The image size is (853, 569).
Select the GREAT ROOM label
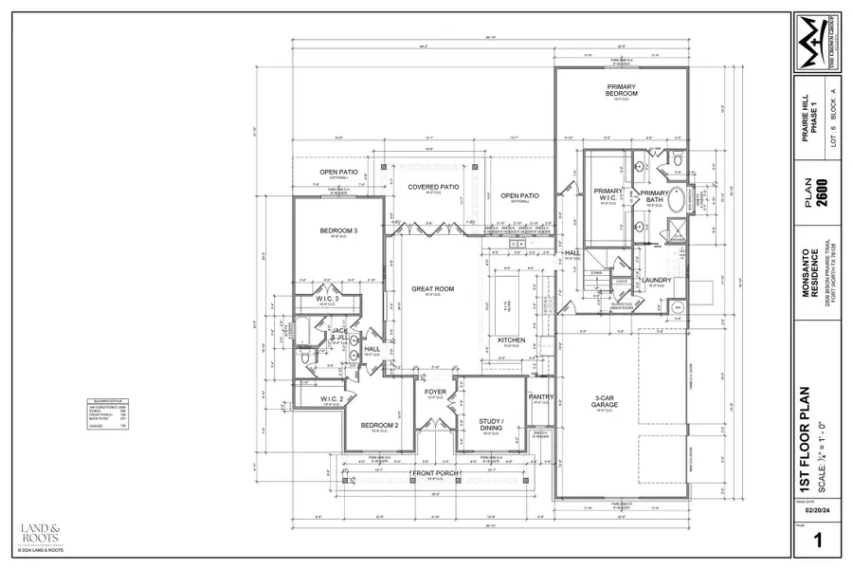tap(432, 289)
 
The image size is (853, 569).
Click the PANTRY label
tap(540, 397)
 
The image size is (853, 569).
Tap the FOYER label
tap(435, 391)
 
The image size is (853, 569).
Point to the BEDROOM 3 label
tap(337, 231)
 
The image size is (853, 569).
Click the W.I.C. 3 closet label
tap(328, 299)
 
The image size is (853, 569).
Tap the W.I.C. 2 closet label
tap(331, 398)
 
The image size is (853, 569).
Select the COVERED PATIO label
tap(432, 188)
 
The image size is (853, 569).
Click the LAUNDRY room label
tap(656, 280)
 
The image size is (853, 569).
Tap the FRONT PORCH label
tap(435, 472)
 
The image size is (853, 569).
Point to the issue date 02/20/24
tap(808, 509)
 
